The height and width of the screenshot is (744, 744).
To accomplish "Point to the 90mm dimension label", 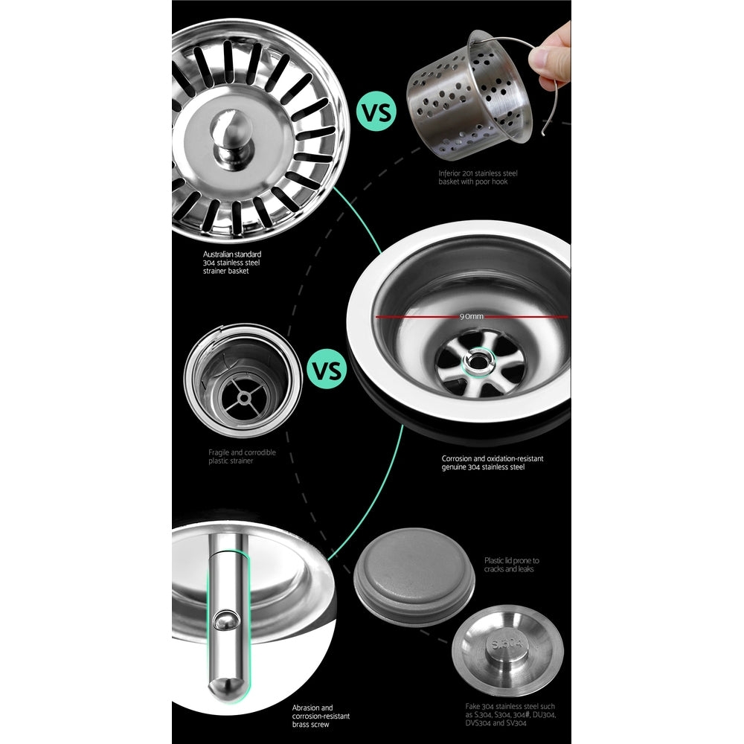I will pyautogui.click(x=471, y=316).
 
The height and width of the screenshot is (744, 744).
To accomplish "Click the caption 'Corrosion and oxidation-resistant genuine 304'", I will pyautogui.click(x=492, y=463).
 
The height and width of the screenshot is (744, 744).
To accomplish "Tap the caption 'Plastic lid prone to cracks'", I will pyautogui.click(x=512, y=565).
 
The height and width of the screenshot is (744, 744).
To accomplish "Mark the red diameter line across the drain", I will pyautogui.click(x=417, y=316).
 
